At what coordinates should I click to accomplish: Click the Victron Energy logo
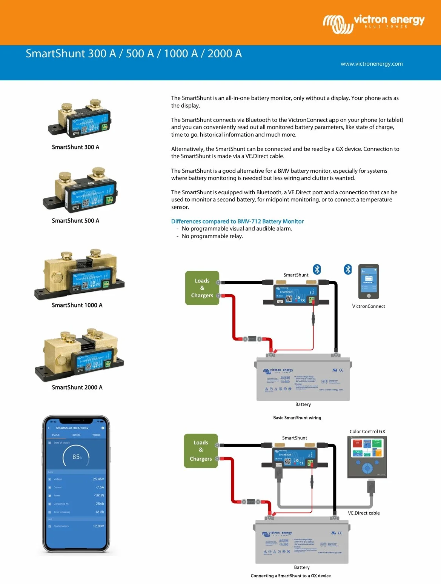pos(373,23)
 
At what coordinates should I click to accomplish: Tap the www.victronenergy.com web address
pos(372,64)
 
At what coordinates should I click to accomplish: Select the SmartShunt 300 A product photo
pos(80,118)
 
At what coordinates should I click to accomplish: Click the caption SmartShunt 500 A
pos(75,221)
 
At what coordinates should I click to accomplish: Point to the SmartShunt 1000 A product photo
pos(79,274)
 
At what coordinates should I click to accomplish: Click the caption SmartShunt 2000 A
pos(77,387)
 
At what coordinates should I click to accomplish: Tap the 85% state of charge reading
pos(77,457)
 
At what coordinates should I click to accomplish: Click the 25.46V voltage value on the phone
pos(98,479)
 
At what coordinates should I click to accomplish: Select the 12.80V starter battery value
pos(98,526)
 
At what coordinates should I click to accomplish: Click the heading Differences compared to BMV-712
pos(237,221)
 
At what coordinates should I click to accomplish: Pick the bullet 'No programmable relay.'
pos(212,236)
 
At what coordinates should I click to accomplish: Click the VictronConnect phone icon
pos(368,281)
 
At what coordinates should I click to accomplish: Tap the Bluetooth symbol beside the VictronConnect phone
pos(348,269)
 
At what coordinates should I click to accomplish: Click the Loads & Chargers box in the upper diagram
pos(202,288)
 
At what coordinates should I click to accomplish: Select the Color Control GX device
pos(367,457)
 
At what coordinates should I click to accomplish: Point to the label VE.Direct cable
pos(364,513)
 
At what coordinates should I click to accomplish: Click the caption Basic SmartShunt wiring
pos(297,418)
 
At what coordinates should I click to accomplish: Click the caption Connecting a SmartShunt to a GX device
pos(290,576)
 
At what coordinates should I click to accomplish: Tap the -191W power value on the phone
pos(99,496)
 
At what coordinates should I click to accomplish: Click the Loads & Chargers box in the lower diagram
pos(201,450)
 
